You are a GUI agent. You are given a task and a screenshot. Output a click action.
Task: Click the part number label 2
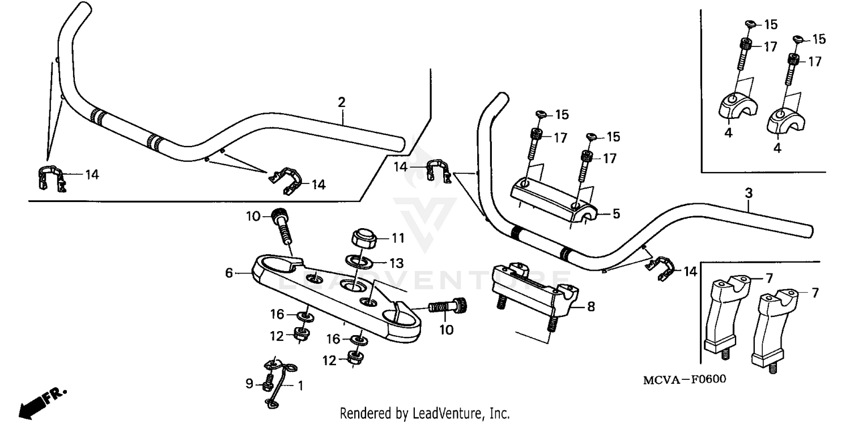[341, 102]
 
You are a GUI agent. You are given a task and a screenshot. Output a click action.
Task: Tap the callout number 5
[617, 215]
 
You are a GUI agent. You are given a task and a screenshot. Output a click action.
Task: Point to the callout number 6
[229, 273]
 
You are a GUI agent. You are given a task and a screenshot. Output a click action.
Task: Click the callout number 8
[590, 307]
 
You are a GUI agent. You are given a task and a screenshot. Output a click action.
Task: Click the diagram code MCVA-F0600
[683, 379]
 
